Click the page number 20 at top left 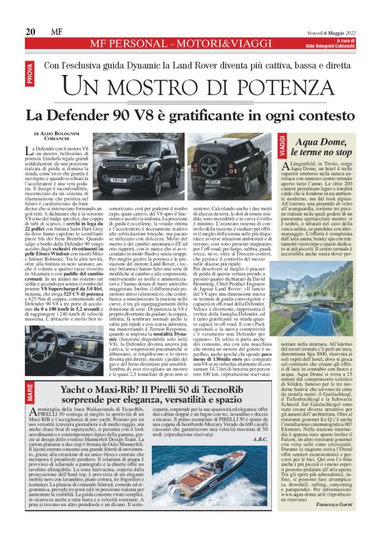pos(30,32)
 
